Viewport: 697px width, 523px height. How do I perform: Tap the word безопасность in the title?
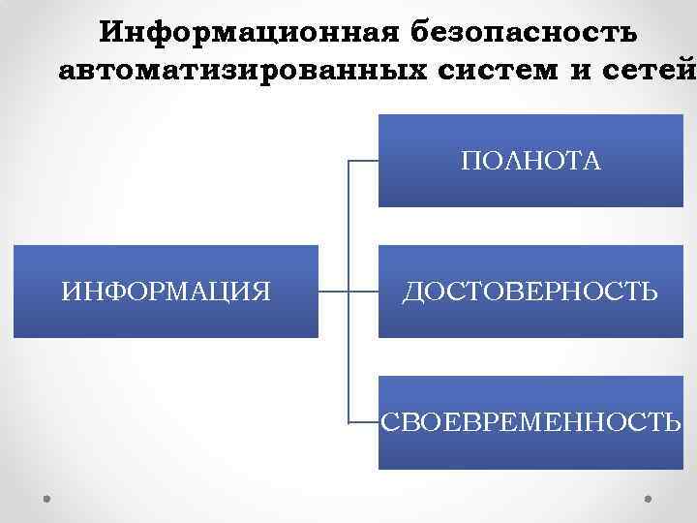coord(524,33)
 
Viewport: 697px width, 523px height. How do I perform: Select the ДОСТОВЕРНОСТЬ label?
coord(531,291)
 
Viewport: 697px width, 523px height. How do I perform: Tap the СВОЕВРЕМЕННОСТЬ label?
coord(531,422)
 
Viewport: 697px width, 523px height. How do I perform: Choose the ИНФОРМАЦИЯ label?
coord(166,291)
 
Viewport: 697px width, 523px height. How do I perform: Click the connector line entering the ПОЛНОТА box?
coord(362,160)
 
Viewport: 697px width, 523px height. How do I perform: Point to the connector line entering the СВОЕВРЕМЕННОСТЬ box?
coord(362,423)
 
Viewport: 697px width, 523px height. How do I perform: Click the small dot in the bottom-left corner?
coord(46,499)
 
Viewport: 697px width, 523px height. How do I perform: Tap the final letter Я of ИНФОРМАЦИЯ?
coord(261,291)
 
